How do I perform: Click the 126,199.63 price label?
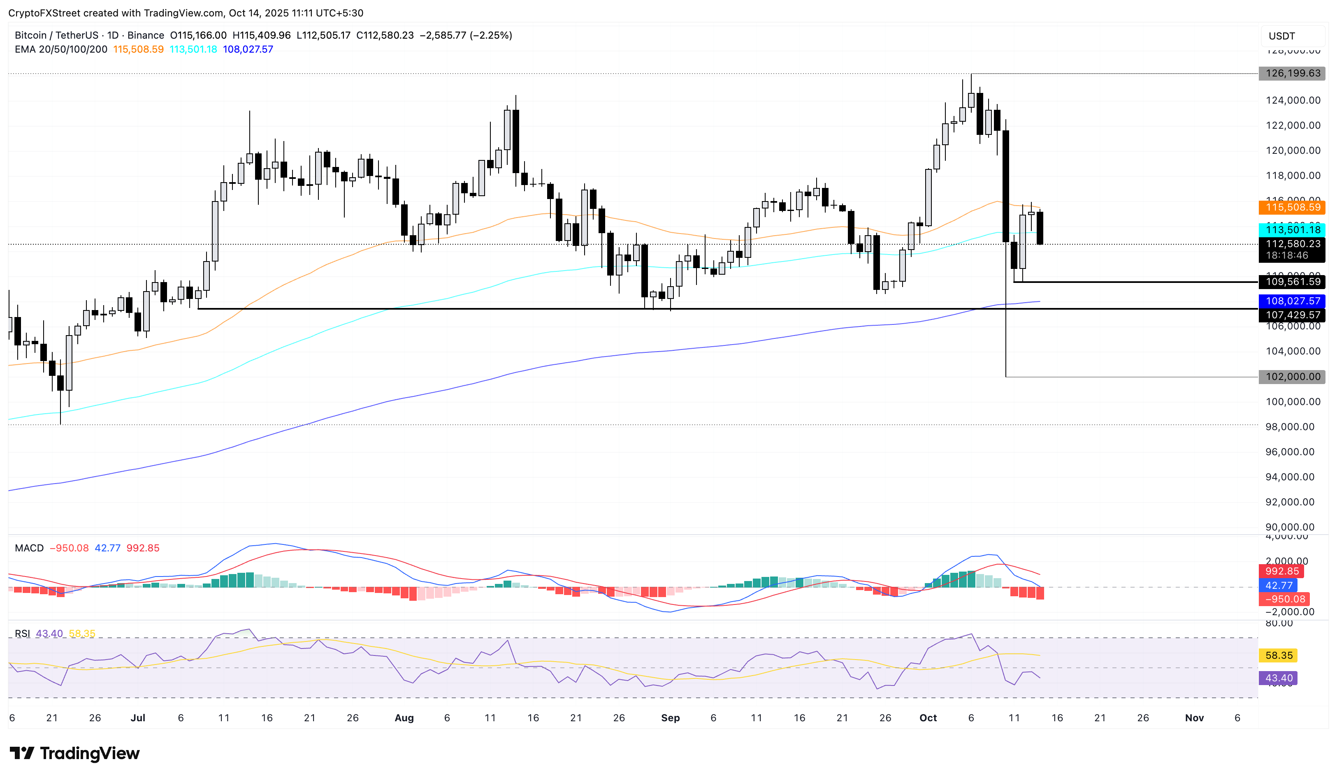[x=1293, y=73]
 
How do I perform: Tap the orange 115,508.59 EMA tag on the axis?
[x=1293, y=207]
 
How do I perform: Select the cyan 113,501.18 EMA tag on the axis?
[x=1293, y=229]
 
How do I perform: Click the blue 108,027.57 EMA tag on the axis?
[x=1293, y=301]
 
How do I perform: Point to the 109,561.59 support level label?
[x=1293, y=282]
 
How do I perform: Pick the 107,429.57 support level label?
[x=1293, y=315]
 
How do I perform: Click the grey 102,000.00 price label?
[x=1293, y=377]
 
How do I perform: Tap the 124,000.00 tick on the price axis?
[x=1293, y=100]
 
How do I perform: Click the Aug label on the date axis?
[x=404, y=718]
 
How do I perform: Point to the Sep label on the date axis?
[x=670, y=718]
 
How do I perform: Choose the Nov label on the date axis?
[x=1194, y=718]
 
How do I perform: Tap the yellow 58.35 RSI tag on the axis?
[x=1279, y=655]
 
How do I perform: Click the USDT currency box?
[x=1281, y=36]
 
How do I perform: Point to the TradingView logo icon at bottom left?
[x=22, y=753]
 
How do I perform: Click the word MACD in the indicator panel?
[x=29, y=548]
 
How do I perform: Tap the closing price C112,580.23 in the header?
[x=385, y=35]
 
